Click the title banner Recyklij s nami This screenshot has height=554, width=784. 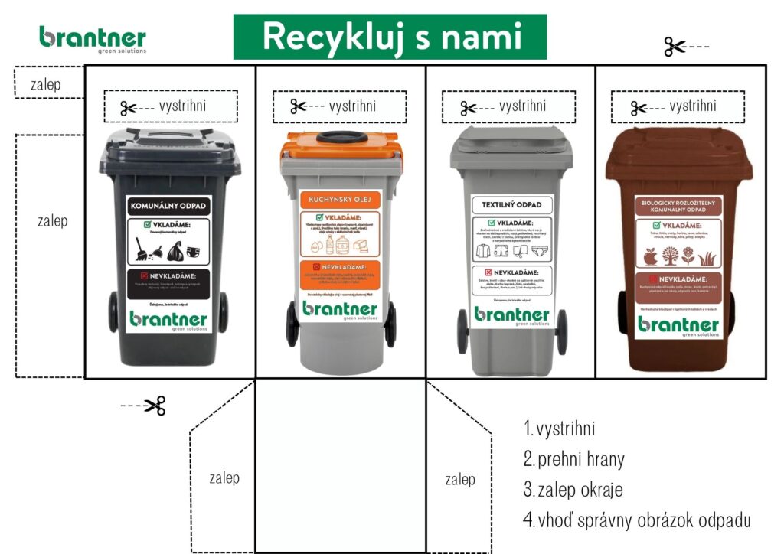[390, 37]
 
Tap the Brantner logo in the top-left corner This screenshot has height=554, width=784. [93, 38]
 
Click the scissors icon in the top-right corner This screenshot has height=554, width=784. [675, 47]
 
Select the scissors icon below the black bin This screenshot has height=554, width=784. [155, 405]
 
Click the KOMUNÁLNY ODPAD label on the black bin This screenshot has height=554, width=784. [168, 206]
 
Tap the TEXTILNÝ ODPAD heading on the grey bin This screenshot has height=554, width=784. [511, 205]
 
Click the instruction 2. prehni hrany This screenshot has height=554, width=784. [574, 459]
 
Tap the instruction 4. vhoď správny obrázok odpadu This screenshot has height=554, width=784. [637, 520]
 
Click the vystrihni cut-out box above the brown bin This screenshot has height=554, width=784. [678, 106]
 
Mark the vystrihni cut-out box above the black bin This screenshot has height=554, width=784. [171, 106]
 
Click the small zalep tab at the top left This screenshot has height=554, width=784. [47, 82]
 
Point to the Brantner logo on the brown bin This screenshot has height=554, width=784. [678, 324]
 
